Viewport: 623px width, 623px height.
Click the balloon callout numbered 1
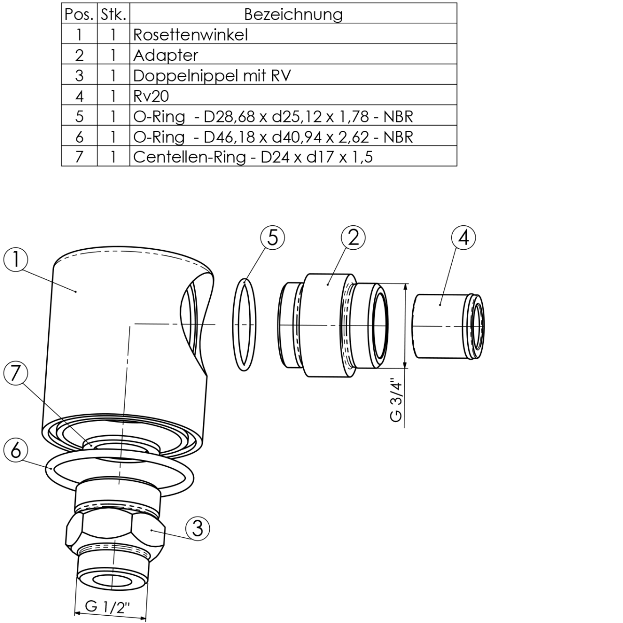tap(16, 260)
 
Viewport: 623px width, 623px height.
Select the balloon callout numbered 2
tap(353, 238)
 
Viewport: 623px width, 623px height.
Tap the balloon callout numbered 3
tap(197, 529)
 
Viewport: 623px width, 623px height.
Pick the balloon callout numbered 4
tap(464, 238)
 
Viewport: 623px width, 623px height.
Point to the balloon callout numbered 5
tap(273, 238)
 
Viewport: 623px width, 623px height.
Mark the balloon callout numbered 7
tap(16, 373)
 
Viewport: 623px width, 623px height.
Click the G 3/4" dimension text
tap(396, 400)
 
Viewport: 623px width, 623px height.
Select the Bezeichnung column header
tap(293, 14)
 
